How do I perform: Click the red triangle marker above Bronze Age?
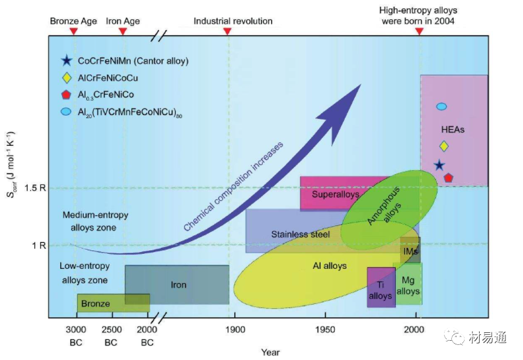[x=74, y=31]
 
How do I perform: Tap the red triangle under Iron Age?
[x=123, y=31]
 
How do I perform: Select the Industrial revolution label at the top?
[x=233, y=21]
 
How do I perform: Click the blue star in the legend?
[x=66, y=61]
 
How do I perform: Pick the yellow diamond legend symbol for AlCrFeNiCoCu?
[x=66, y=78]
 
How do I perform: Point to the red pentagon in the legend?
[x=66, y=95]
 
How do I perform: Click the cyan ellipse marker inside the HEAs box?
[x=442, y=107]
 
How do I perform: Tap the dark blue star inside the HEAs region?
[x=439, y=165]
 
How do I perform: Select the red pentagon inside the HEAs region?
[x=448, y=177]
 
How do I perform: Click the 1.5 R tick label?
[x=34, y=188]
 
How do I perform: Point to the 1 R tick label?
[x=38, y=245]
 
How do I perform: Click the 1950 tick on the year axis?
[x=325, y=330]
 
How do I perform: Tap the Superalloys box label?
[x=336, y=194]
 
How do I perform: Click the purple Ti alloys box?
[x=381, y=288]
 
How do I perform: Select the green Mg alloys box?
[x=409, y=283]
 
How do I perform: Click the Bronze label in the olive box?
[x=96, y=304]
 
